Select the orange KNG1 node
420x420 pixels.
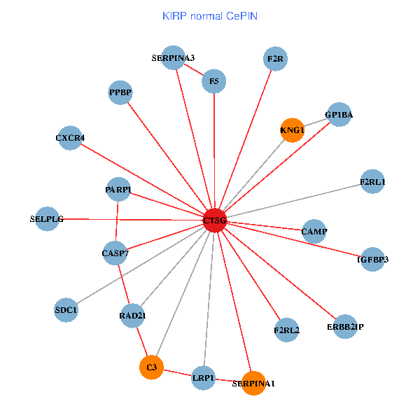click(292, 129)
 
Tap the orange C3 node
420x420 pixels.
click(151, 366)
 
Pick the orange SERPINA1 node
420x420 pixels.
click(253, 382)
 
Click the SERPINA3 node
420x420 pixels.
click(174, 58)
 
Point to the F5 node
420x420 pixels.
click(213, 82)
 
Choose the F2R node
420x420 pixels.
click(275, 59)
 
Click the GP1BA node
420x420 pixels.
click(339, 115)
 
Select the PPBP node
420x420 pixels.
click(120, 92)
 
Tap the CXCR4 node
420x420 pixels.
click(70, 137)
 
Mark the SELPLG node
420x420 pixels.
click(47, 218)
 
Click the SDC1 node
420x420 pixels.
click(66, 309)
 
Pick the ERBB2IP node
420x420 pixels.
click(345, 326)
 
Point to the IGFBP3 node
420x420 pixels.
click(372, 259)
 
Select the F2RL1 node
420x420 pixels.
click(372, 182)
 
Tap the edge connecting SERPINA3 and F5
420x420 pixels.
click(194, 70)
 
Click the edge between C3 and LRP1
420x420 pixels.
click(177, 372)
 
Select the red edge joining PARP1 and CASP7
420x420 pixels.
click(116, 220)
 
